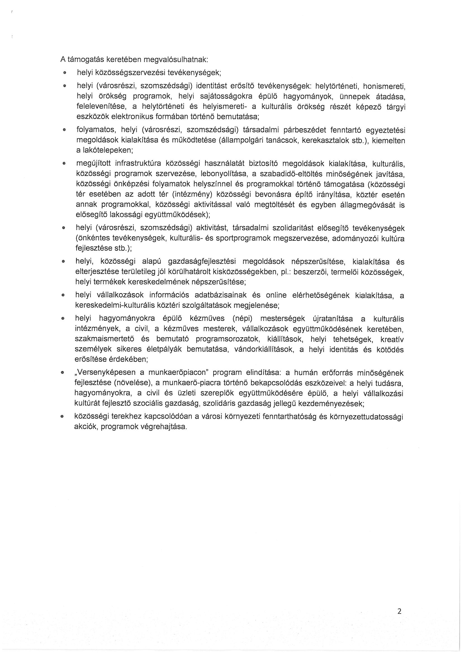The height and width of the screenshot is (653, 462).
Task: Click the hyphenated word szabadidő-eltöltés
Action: pyautogui.click(x=290, y=174)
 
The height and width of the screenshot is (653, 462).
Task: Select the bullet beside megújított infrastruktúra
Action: pyautogui.click(x=64, y=164)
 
